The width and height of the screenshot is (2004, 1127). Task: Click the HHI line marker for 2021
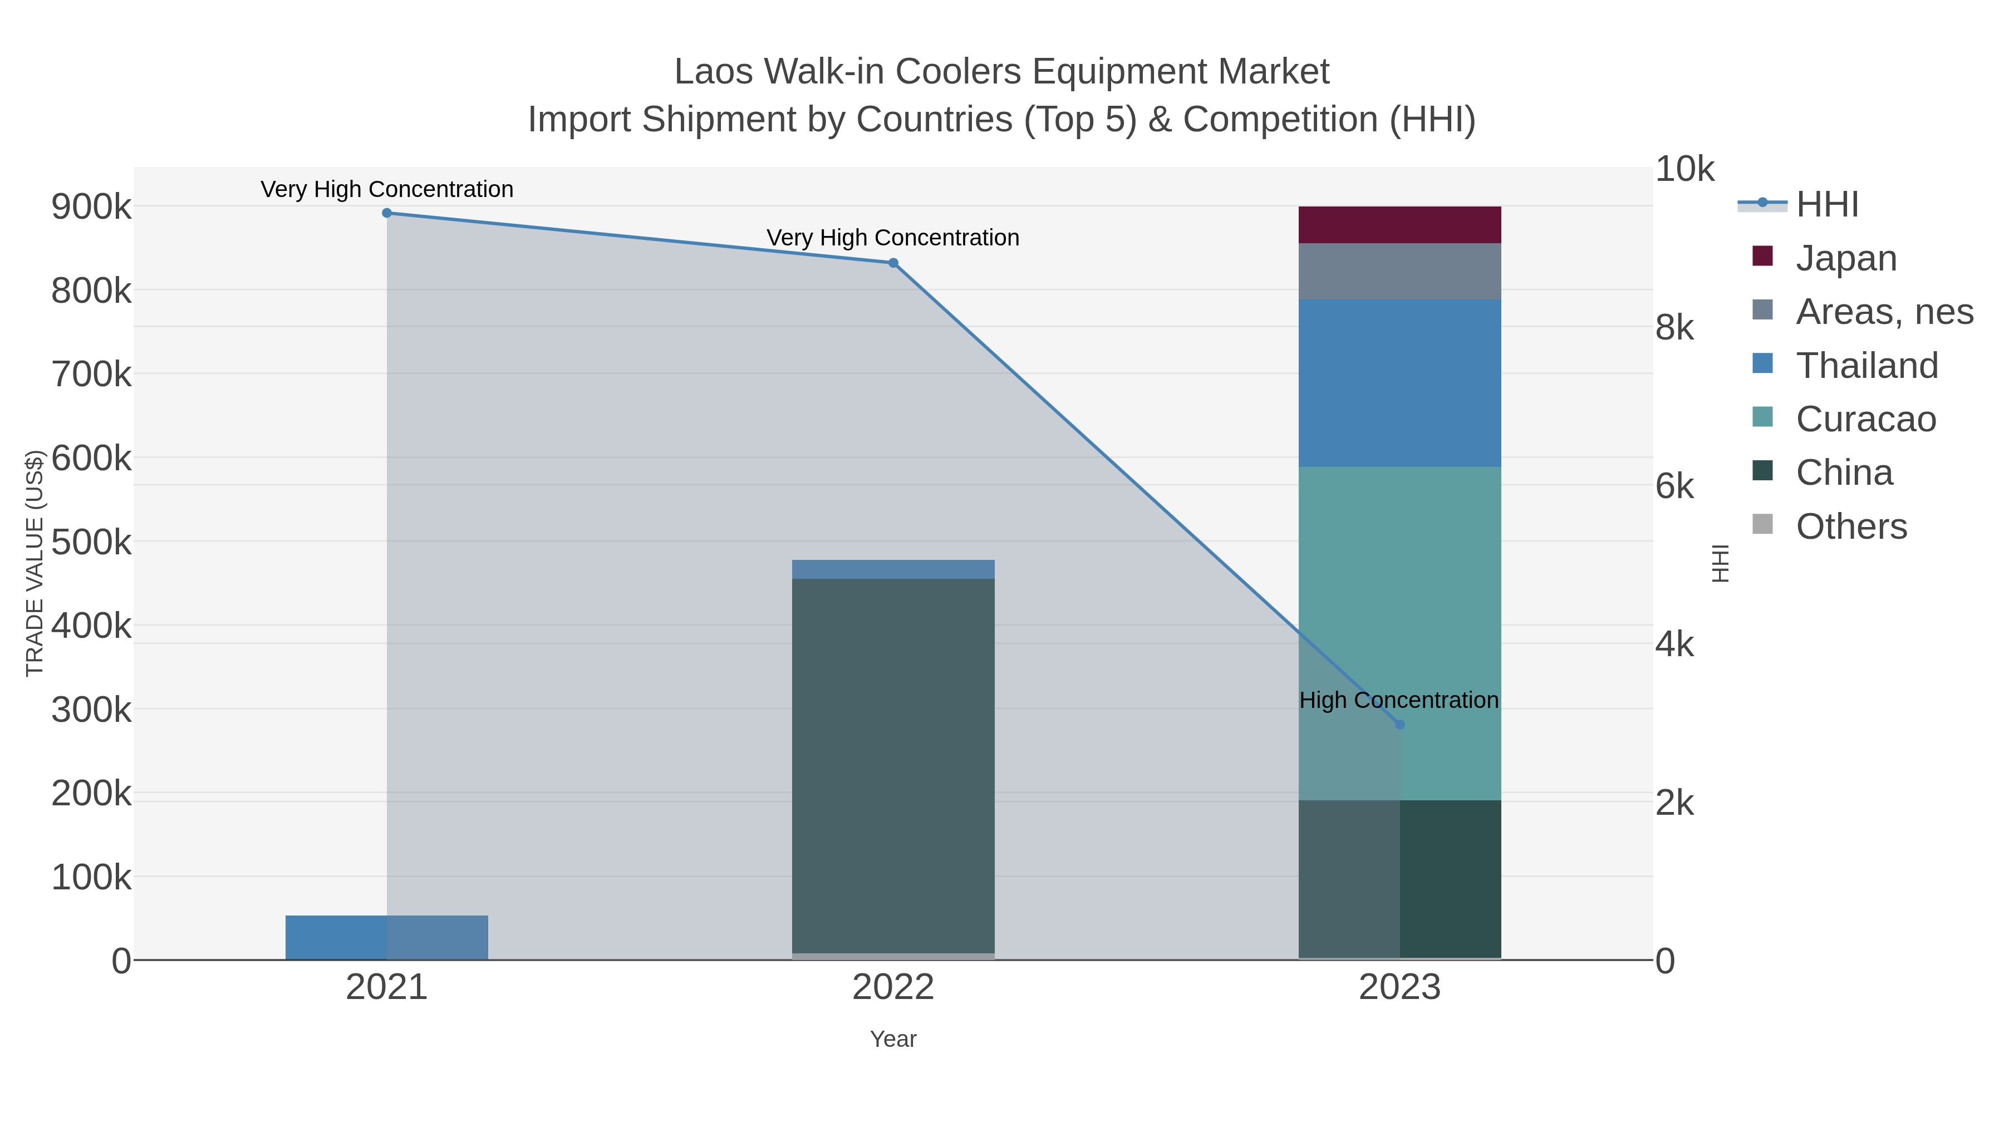click(387, 213)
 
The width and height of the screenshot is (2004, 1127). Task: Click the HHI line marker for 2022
click(893, 263)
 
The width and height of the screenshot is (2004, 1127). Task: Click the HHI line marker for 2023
click(1399, 725)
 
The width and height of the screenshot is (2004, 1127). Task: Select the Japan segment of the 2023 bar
click(1399, 225)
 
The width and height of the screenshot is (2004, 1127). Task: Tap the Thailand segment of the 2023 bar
click(1399, 383)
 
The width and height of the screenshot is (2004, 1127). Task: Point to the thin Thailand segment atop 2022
click(893, 569)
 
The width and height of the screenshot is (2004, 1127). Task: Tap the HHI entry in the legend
click(1826, 205)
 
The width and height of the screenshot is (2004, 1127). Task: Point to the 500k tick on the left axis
click(91, 542)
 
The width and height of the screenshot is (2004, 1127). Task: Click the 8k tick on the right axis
click(1674, 327)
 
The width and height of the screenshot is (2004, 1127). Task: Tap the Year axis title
click(893, 1039)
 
